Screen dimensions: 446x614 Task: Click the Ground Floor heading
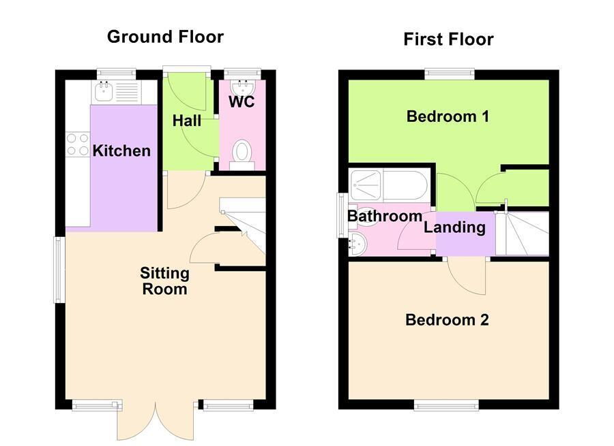tap(165, 37)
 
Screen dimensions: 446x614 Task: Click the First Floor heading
tap(448, 39)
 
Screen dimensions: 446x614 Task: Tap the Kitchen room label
tap(121, 150)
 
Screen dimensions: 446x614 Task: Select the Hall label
tap(186, 121)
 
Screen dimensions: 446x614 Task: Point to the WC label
tap(242, 102)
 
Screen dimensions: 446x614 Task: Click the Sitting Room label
tap(164, 281)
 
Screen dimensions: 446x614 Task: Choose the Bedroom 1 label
tap(448, 116)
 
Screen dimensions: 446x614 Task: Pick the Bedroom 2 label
tap(447, 320)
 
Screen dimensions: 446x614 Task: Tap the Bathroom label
tap(385, 217)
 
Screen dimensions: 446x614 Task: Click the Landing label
tap(454, 227)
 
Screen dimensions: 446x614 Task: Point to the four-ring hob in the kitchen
tap(77, 144)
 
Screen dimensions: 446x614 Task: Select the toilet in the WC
tap(242, 153)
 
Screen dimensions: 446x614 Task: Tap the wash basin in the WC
tap(242, 89)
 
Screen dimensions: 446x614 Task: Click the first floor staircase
tap(523, 234)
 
